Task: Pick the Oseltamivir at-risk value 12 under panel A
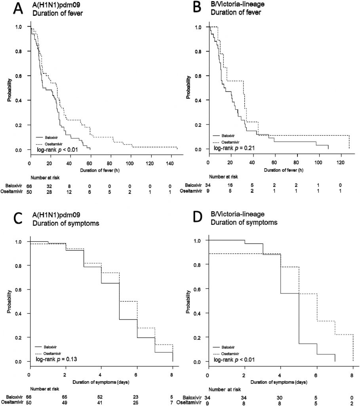[x=69, y=192]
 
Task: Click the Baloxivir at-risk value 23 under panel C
[x=137, y=396]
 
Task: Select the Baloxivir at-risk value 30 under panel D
[x=280, y=396]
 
